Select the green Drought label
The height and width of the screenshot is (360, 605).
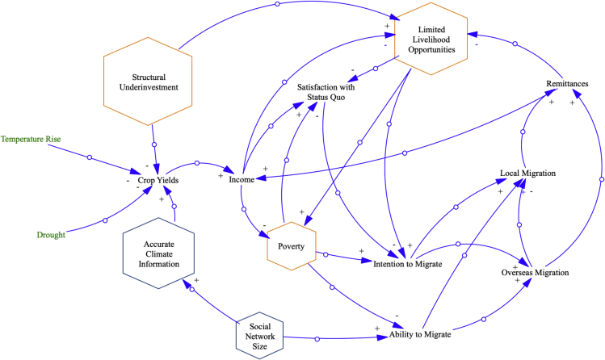tap(50, 235)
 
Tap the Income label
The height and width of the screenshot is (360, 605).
tap(242, 180)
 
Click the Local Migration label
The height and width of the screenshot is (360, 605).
tap(527, 173)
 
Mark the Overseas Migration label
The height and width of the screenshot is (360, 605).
tap(535, 273)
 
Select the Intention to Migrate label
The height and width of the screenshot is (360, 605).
tap(407, 263)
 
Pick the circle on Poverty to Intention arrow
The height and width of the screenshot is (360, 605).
tap(325, 255)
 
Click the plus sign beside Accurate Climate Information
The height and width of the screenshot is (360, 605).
tap(197, 279)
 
